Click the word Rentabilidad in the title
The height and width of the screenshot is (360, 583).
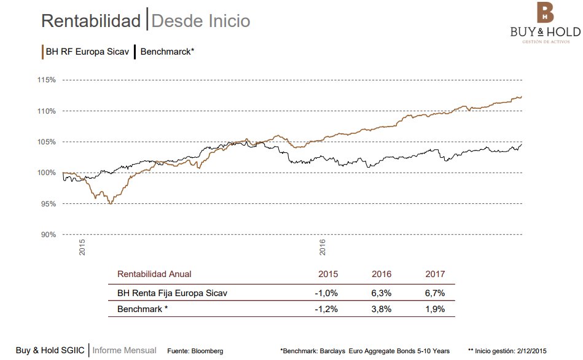(91, 21)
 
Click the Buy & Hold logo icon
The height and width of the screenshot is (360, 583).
(545, 13)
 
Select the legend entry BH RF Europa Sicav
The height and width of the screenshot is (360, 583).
(87, 52)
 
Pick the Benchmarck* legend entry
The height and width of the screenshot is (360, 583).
(167, 52)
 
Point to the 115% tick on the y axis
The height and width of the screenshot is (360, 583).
(47, 80)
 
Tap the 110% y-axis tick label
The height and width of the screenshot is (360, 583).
(47, 111)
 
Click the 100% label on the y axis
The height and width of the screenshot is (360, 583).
(47, 173)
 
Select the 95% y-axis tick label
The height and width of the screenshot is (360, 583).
(49, 204)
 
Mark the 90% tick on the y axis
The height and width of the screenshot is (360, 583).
(49, 235)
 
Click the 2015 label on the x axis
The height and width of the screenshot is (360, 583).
(82, 248)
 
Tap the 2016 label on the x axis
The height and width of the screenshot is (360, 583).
(323, 248)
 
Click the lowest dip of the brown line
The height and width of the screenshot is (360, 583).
(110, 203)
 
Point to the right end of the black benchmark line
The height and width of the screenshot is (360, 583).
(522, 144)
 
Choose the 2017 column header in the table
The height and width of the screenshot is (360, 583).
(435, 274)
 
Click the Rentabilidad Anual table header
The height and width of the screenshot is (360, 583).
(154, 274)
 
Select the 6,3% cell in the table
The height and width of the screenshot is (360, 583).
(381, 293)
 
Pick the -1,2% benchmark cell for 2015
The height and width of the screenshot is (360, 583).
(326, 308)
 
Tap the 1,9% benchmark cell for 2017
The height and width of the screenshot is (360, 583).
(435, 308)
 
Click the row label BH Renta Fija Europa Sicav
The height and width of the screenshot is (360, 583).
(172, 293)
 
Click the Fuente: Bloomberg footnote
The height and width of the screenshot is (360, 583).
(195, 351)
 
